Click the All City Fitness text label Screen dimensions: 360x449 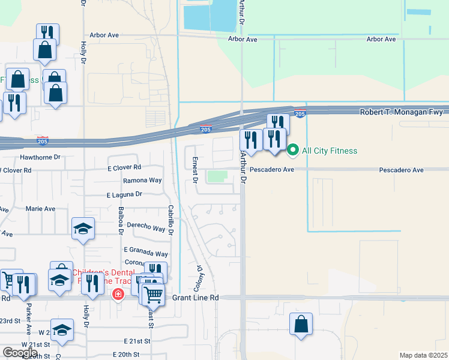pyautogui.click(x=330, y=151)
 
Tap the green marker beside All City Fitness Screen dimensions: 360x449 pyautogui.click(x=293, y=150)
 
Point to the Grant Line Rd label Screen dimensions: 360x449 pyautogui.click(x=196, y=298)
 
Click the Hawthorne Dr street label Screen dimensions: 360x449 pyautogui.click(x=41, y=157)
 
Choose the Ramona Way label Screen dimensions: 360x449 pyautogui.click(x=142, y=180)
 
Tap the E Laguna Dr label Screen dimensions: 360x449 pyautogui.click(x=124, y=194)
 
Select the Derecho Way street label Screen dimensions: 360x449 pyautogui.click(x=146, y=229)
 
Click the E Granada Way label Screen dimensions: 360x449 pyautogui.click(x=146, y=254)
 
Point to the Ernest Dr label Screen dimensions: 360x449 pyautogui.click(x=195, y=169)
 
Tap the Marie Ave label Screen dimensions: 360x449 pyautogui.click(x=40, y=209)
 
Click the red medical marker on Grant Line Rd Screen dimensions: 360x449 pyautogui.click(x=118, y=294)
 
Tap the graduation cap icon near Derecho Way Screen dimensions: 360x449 pyautogui.click(x=83, y=228)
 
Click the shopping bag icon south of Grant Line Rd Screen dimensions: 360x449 pyautogui.click(x=301, y=324)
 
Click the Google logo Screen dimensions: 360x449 pyautogui.click(x=20, y=353)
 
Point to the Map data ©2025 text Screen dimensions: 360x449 pyautogui.click(x=423, y=355)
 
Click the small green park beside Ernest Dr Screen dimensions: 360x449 pyautogui.click(x=216, y=176)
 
